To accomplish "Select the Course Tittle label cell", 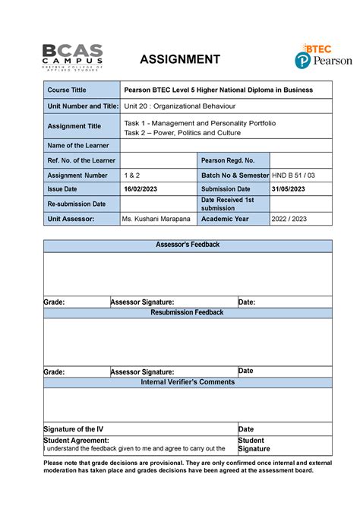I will coord(68,90).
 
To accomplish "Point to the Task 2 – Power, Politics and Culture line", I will coord(182,132).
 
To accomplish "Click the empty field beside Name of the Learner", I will coord(226,145).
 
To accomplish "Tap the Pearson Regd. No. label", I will coord(228,160).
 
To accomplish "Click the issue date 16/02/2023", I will coord(143,189).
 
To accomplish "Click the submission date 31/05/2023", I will coord(290,189).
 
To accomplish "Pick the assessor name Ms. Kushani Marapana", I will coord(157,219).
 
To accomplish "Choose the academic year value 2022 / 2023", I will coord(290,219).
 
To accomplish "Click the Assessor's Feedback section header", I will coord(188,245).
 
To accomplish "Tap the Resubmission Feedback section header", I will coord(188,312).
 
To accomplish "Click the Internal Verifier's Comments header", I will coord(188,382).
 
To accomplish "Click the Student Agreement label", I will coord(76,440).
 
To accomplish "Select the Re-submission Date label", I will coord(77,204).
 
